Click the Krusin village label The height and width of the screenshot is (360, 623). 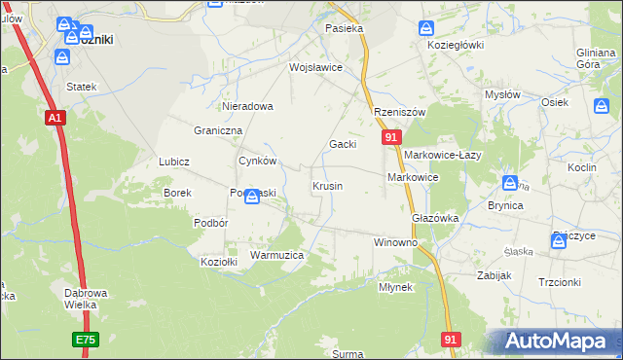pos(326,186)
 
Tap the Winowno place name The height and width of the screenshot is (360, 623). pos(395,241)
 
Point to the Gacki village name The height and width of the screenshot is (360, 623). pos(342,144)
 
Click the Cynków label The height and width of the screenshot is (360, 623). pos(258,162)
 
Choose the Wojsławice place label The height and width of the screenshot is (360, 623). pos(314,68)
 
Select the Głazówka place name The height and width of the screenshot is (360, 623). pos(435,219)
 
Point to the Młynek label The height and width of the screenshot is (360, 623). pos(395,287)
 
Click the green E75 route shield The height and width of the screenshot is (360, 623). pos(86,340)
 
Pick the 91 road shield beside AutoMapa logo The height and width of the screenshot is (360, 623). pos(450,339)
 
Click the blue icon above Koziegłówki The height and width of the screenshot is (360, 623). pos(425,28)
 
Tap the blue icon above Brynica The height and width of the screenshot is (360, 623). pos(510,183)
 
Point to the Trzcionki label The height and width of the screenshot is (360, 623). pos(559,282)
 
